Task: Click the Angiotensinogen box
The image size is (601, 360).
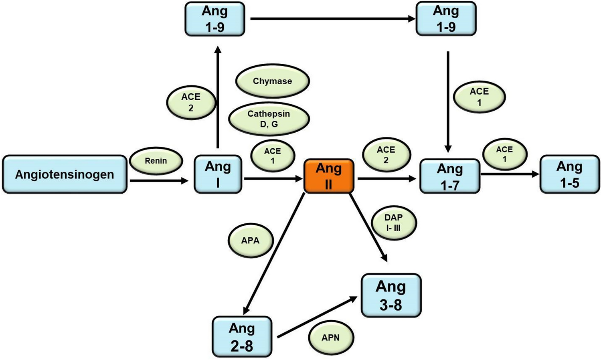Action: click(65, 174)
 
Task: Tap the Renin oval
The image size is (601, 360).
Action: click(156, 161)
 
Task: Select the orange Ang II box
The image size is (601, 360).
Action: click(329, 176)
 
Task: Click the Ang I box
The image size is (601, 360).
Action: click(218, 174)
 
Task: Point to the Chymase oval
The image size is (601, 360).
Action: click(272, 81)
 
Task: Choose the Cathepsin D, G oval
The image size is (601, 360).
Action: click(269, 119)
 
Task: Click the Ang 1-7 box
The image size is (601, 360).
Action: click(449, 176)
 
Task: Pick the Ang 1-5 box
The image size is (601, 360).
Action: click(569, 175)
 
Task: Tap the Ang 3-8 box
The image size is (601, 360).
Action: click(391, 295)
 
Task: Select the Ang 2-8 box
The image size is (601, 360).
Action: click(242, 337)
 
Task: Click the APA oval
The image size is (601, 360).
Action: click(251, 241)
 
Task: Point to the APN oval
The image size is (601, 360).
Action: click(331, 338)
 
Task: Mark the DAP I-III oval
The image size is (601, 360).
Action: click(394, 223)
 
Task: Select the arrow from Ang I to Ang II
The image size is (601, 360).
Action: click(273, 179)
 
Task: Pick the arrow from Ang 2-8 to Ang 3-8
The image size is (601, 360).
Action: click(317, 317)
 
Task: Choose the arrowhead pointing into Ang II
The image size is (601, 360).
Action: click(299, 179)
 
